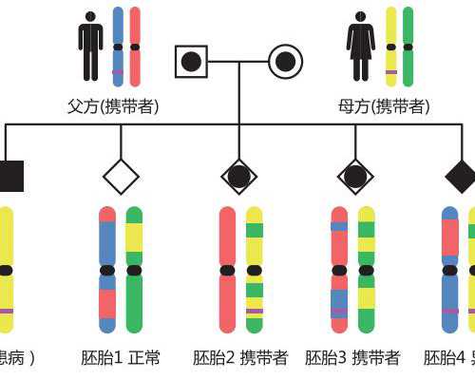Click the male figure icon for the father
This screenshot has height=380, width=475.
point(91,47)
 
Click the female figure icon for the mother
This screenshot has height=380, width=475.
point(361,47)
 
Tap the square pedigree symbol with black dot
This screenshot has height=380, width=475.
point(191,62)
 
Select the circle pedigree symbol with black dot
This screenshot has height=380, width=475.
point(285,62)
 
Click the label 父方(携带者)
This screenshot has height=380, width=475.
point(113,106)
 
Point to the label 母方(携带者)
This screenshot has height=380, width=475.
point(384,106)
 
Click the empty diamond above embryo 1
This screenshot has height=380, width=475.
point(121,177)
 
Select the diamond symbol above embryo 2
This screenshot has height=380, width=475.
point(238,177)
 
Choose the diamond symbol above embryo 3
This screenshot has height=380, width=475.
point(355,177)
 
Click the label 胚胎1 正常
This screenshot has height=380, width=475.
point(121,358)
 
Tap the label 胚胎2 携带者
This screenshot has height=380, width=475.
point(240,358)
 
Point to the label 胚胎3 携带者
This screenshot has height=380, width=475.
point(352,358)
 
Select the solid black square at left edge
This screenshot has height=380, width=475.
point(9,177)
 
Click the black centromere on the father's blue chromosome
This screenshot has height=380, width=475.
point(118,47)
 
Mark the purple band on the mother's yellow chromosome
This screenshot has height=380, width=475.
point(391,72)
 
